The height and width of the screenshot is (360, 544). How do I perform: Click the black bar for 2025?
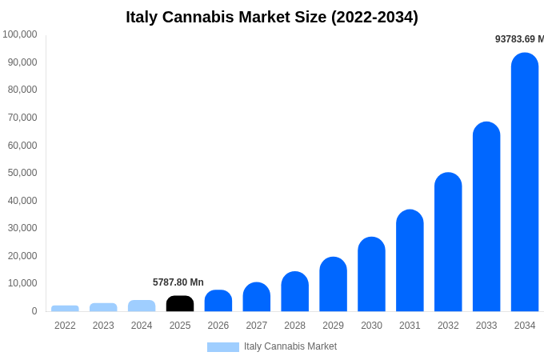[x=180, y=304]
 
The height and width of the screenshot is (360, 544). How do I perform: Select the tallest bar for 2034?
[x=525, y=184]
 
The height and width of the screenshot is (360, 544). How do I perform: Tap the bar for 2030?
[x=371, y=275]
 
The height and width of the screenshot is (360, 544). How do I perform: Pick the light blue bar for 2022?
[x=65, y=308]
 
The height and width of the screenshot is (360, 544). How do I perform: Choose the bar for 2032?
[x=448, y=243]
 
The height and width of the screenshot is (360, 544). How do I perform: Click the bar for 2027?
[x=257, y=298]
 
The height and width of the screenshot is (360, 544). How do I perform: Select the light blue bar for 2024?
[x=142, y=306]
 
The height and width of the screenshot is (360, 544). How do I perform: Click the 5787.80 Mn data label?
[x=178, y=282]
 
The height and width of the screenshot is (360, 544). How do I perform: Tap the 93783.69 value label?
[x=519, y=39]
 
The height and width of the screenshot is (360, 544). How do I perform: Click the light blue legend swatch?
[x=222, y=347]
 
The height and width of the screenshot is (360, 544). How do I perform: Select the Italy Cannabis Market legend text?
[x=290, y=346]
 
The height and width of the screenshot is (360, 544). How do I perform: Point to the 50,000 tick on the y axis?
[x=22, y=173]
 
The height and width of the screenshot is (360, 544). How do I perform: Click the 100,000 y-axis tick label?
[x=20, y=34]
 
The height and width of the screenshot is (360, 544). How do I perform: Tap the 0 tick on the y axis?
[x=34, y=311]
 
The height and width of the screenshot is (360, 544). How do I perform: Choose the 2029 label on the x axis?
[x=333, y=326]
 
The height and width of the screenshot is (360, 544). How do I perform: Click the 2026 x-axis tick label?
[x=218, y=326]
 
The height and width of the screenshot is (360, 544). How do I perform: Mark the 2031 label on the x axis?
[x=410, y=326]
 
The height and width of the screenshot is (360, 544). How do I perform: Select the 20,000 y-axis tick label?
[x=22, y=256]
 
